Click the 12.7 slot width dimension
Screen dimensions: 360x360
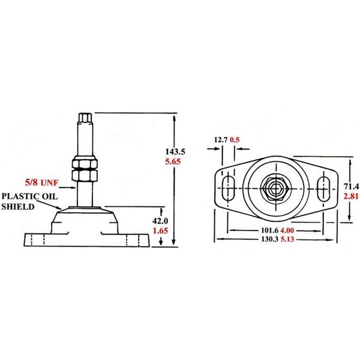pos(221,141)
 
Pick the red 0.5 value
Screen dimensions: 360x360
pos(235,141)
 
